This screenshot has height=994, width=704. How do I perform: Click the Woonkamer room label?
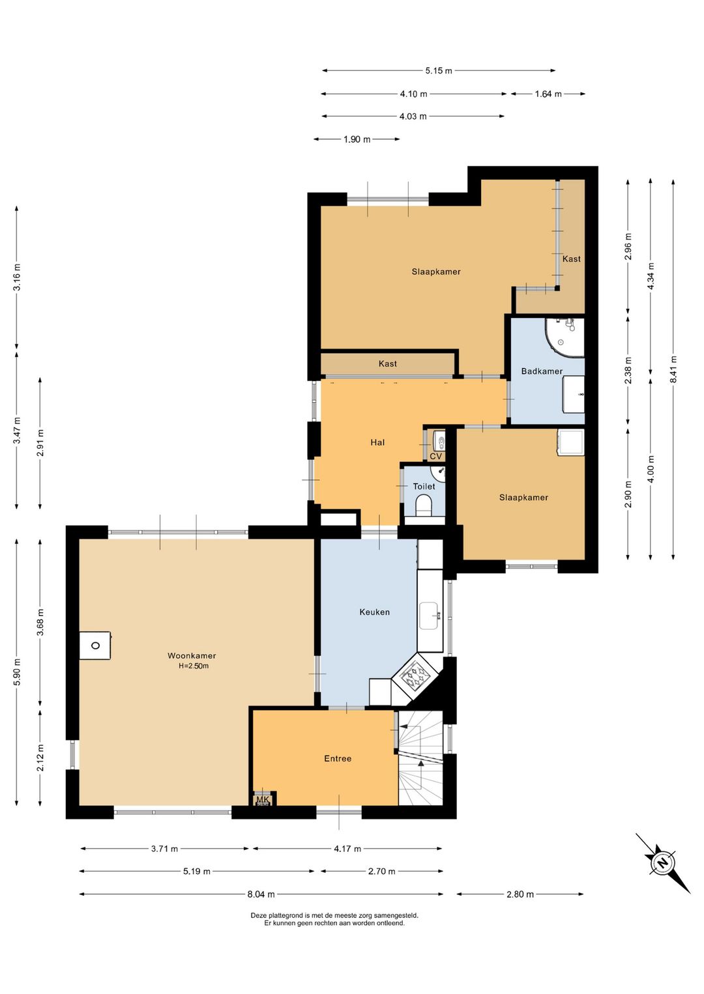click(x=192, y=655)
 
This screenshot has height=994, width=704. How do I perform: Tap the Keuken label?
click(x=374, y=612)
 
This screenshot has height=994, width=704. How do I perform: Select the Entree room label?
click(x=338, y=758)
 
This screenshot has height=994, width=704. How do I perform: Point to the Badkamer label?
click(x=542, y=371)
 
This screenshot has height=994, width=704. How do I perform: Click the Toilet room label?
click(x=424, y=487)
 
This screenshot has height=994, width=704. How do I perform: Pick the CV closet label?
click(x=435, y=456)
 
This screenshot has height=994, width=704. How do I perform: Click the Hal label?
click(x=377, y=442)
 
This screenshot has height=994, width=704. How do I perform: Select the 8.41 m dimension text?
click(x=673, y=369)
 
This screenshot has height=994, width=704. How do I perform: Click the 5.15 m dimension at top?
click(x=439, y=70)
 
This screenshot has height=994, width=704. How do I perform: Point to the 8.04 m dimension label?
click(x=261, y=894)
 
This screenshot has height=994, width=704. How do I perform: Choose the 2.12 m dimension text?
click(x=40, y=757)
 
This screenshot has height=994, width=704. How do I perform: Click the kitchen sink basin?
click(x=429, y=616)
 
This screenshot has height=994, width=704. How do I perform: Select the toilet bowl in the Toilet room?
click(x=423, y=506)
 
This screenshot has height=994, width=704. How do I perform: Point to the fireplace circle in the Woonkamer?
click(x=95, y=646)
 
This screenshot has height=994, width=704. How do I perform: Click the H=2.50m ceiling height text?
click(x=194, y=666)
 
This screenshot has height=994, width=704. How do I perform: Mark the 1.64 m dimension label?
click(x=548, y=94)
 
